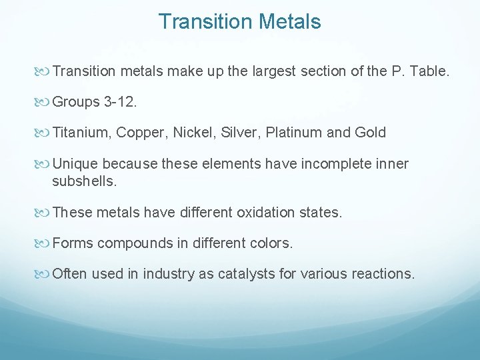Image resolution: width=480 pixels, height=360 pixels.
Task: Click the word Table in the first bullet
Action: click(x=429, y=71)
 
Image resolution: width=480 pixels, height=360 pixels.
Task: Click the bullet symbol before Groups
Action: click(x=43, y=102)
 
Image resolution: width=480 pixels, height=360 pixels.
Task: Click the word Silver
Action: click(x=238, y=133)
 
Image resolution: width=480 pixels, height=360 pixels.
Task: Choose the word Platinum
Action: click(x=293, y=133)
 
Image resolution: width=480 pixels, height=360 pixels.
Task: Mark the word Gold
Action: click(x=371, y=133)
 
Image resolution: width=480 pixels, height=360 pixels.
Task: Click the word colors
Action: click(x=269, y=243)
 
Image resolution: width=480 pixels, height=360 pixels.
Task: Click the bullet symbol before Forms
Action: click(x=43, y=243)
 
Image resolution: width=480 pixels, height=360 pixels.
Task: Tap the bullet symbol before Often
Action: click(x=43, y=274)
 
